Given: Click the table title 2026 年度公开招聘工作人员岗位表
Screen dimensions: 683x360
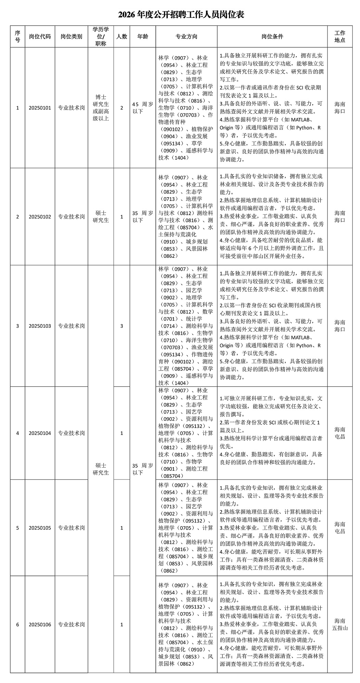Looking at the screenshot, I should pos(181,15).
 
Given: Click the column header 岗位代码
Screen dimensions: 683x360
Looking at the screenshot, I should pos(40,37).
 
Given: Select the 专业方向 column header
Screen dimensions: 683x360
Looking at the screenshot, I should pos(186,37).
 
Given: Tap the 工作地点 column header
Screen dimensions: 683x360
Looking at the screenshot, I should pos(339,37).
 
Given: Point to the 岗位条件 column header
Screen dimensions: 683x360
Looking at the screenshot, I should pos(272,37).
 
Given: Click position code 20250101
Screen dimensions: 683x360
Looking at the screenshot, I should pos(40,108).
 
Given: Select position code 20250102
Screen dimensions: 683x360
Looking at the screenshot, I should pos(40,217).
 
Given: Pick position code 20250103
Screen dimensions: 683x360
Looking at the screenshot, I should pos(40,326).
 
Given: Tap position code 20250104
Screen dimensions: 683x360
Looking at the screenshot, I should pos(40,433).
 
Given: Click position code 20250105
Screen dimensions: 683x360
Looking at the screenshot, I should pos(40,528).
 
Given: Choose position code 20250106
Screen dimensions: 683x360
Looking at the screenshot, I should pos(40,624).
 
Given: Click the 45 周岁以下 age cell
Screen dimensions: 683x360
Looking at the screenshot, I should pos(142,108).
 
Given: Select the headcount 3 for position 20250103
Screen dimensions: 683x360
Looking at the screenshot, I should pos(121,326).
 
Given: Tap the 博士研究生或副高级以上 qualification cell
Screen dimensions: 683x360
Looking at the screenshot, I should pos(101,108).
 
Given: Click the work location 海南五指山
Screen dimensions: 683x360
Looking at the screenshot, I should pos(339,624).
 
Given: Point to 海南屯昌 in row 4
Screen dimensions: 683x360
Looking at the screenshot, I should pos(339,433).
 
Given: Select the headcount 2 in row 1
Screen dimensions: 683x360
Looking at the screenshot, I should pos(121,108).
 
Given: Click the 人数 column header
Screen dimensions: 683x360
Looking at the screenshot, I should pos(121,37).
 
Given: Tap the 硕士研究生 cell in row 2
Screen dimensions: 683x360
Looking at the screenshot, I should pos(101,217).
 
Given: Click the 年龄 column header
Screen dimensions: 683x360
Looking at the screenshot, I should pos(142,37).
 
